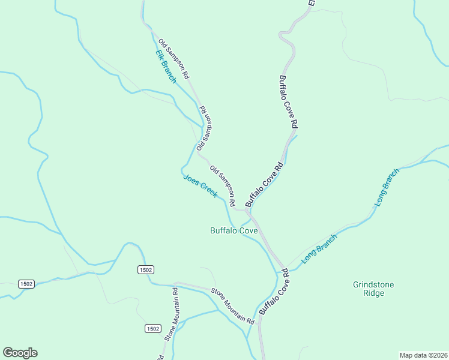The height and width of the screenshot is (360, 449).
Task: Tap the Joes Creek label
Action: pos(200,186)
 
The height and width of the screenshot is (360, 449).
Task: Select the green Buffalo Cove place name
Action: pos(234,230)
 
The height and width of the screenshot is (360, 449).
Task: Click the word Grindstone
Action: pos(373,284)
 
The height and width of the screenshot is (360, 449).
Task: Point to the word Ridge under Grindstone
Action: pos(373,294)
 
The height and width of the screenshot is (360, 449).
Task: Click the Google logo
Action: pos(20,353)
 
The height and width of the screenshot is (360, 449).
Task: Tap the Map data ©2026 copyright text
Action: pos(423,355)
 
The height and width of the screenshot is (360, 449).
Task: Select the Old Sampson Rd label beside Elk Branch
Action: pos(174,59)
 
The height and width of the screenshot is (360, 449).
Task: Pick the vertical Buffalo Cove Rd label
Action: pos(288,101)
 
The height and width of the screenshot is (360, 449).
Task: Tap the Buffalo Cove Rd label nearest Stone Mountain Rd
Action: pos(274,292)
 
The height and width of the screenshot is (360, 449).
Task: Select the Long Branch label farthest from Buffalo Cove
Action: pos(387,188)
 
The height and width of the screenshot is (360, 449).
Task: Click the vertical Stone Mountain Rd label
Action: pos(173,314)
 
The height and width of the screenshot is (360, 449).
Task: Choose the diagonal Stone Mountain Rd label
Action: pos(232,306)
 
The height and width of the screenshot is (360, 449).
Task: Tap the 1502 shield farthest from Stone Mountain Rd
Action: pos(26,284)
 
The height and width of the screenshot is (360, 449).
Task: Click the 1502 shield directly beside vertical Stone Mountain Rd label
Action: pos(153,328)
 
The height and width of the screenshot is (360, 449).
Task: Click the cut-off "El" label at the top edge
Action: pos(312,3)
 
